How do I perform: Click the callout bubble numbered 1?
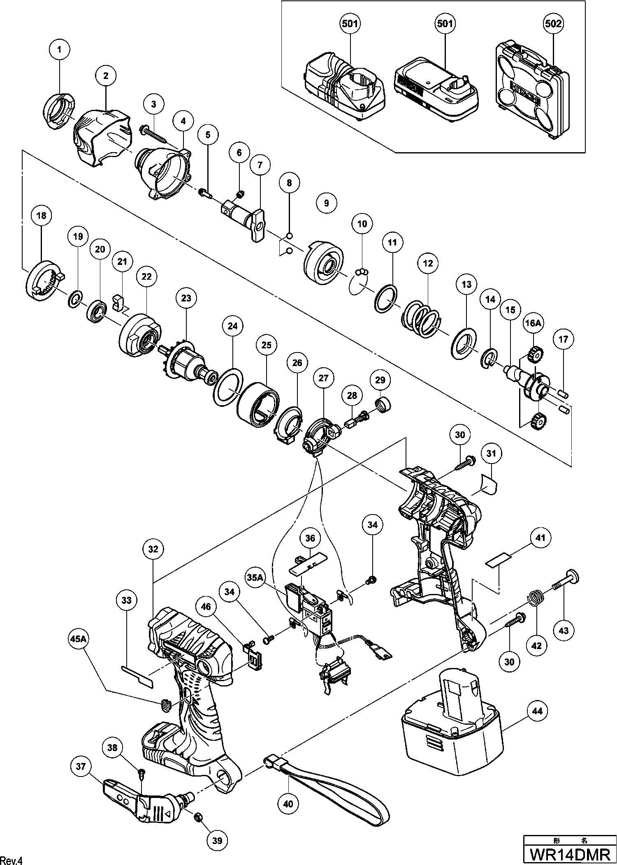[x=60, y=50]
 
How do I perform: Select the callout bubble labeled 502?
[x=553, y=23]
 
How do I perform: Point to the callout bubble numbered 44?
[x=539, y=711]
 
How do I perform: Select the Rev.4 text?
[x=13, y=859]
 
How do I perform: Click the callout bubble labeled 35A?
[x=255, y=578]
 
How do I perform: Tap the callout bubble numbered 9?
[x=327, y=203]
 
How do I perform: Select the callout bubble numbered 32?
[x=153, y=549]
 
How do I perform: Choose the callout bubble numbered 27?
[x=323, y=378]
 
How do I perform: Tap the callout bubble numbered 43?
[x=564, y=630]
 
